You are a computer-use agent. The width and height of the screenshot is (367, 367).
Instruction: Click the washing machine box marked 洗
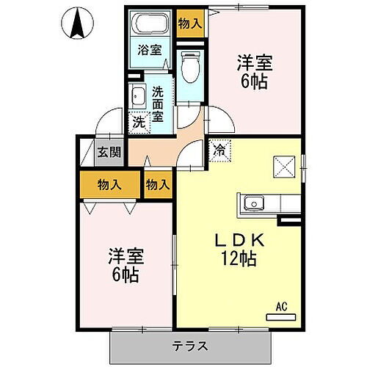coord(138,123)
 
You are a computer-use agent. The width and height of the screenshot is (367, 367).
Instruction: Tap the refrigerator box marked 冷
coord(219,149)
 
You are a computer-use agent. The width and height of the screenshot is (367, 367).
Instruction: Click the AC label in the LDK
coord(281,308)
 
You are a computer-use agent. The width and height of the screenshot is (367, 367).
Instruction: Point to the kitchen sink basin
coord(253,202)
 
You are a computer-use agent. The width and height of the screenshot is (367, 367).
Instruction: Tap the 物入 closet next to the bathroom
coord(189,23)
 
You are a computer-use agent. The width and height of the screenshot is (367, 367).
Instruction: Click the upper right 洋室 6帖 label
coord(251,70)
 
